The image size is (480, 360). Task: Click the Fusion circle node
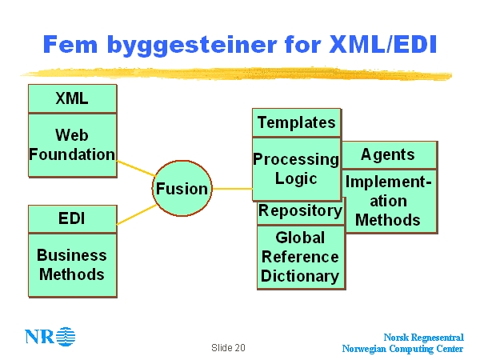181,189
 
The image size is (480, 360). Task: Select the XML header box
72,99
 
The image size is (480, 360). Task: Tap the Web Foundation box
72,145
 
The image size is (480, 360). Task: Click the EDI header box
72,218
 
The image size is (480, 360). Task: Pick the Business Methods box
72,265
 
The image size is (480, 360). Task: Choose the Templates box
296,122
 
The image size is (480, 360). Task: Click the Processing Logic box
296,169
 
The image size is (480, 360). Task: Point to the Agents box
388,154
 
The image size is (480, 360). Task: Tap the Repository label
300,211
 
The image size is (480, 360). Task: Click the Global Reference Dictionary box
300,257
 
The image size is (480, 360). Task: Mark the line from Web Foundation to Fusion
135,169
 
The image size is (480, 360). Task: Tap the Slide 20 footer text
229,348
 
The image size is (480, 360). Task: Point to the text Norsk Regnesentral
423,338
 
